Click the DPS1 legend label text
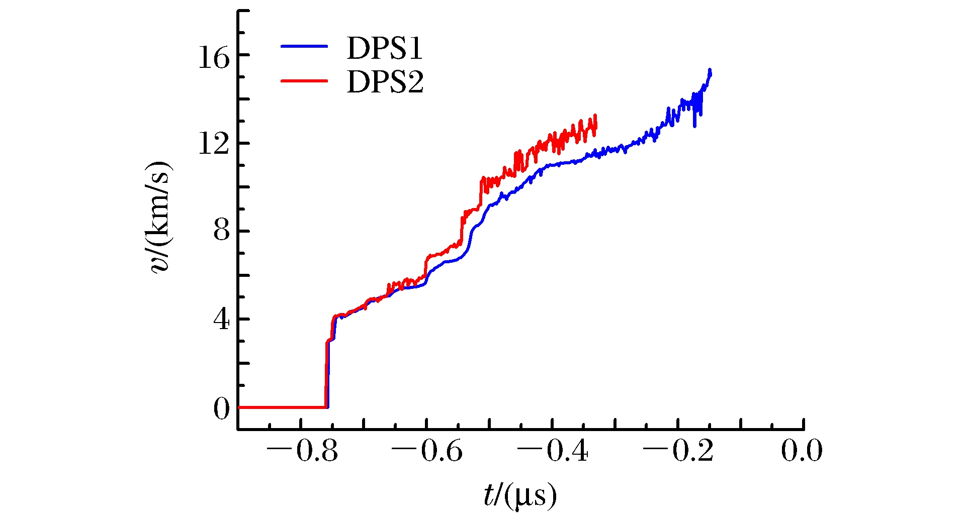(x=385, y=48)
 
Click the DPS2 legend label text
(x=385, y=82)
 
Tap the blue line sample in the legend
(x=304, y=46)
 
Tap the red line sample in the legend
(x=304, y=80)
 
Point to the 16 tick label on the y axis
(x=214, y=57)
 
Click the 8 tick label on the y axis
(x=221, y=232)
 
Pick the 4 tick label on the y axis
(x=221, y=320)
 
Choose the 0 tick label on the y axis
(x=221, y=408)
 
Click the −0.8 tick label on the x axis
(x=302, y=451)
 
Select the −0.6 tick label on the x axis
(x=427, y=451)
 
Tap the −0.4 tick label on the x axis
(x=553, y=451)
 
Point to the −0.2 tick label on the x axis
(x=678, y=451)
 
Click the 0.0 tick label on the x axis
(x=802, y=451)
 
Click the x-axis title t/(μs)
(x=520, y=496)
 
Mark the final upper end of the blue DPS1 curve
(x=710, y=70)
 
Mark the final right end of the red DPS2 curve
(x=595, y=117)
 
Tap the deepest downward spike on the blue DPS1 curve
(x=695, y=126)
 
